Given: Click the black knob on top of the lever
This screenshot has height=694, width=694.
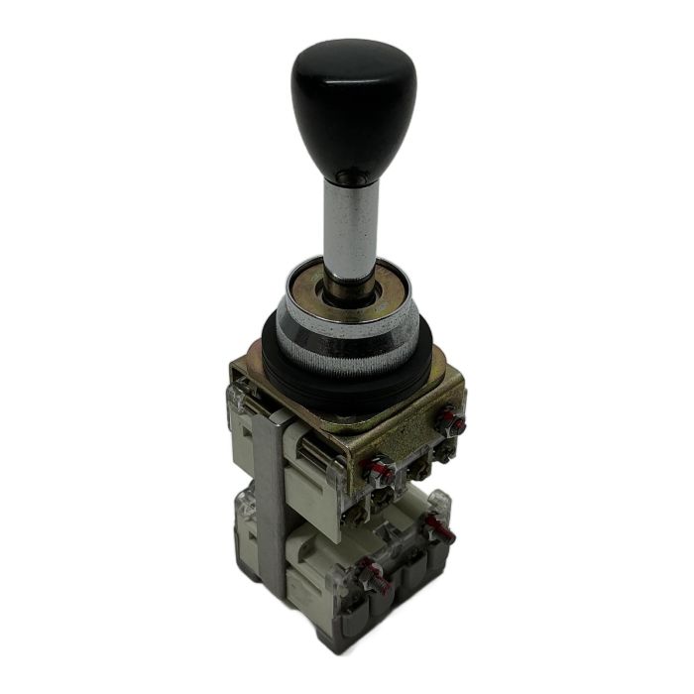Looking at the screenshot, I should pyautogui.click(x=352, y=104).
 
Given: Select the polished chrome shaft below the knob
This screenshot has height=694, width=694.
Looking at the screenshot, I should pyautogui.click(x=350, y=223).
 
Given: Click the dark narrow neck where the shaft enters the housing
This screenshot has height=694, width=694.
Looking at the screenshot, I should pyautogui.click(x=350, y=283).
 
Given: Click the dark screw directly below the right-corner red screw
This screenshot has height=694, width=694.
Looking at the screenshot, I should pyautogui.click(x=445, y=451).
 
